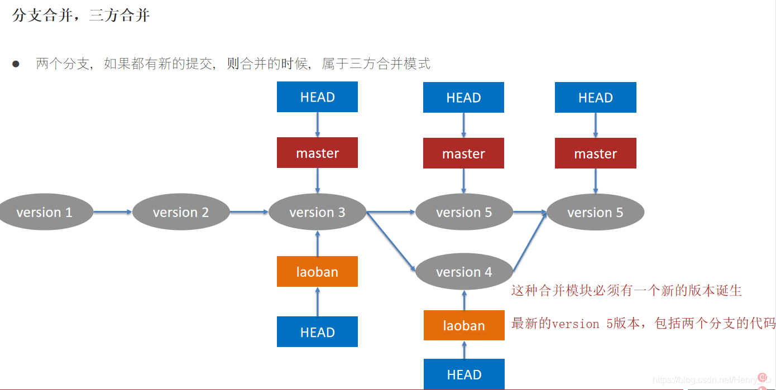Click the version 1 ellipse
[x=45, y=212]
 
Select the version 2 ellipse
[x=181, y=212]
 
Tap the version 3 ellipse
[x=317, y=212]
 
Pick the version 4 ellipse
[x=464, y=272]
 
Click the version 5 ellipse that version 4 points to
[x=595, y=212]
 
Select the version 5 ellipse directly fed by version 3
[x=464, y=212]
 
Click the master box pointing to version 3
[x=317, y=153]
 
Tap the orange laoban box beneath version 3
[x=317, y=272]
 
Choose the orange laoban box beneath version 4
[x=464, y=325]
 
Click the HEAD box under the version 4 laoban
[x=464, y=374]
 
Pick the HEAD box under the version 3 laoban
[x=317, y=332]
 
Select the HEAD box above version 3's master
[x=317, y=97]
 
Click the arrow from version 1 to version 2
[x=113, y=212]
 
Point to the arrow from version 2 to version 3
[x=249, y=212]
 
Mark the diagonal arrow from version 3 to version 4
[x=391, y=242]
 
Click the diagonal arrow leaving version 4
[x=529, y=242]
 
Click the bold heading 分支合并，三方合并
[x=81, y=16]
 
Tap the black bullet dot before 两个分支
[x=16, y=64]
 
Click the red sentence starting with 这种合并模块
[x=626, y=291]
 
